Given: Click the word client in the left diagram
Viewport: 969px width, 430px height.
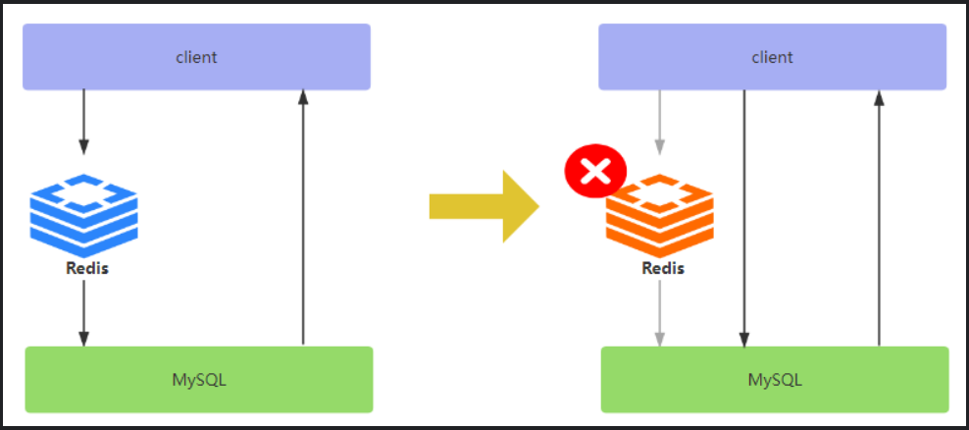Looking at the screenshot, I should (x=196, y=57).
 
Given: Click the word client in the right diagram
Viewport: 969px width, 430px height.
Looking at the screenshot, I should (x=772, y=57).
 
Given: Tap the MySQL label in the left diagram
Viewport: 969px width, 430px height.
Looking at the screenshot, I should (x=198, y=379).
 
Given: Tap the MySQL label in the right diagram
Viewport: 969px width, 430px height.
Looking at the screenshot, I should (x=775, y=379).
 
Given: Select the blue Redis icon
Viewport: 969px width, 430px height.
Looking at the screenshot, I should (x=83, y=215).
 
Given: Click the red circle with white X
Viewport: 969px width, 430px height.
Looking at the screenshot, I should (x=594, y=174).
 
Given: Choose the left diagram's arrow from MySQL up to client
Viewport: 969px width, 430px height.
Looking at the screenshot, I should (x=303, y=216).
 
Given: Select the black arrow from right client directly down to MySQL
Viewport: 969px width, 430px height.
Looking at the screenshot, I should (x=744, y=216).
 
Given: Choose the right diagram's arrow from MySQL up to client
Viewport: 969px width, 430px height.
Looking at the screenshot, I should (x=879, y=216).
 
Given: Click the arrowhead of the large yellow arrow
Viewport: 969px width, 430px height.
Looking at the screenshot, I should (x=522, y=206).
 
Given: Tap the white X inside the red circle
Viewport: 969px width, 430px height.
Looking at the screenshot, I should (x=594, y=174).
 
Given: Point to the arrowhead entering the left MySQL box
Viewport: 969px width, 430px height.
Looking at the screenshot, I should (x=83, y=338).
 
